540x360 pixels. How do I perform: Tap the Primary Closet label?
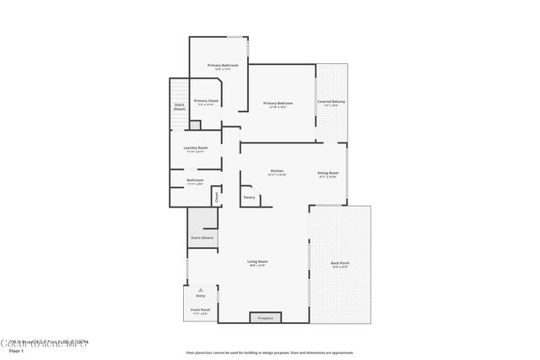[207, 101]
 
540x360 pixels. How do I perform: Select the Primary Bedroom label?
[278, 103]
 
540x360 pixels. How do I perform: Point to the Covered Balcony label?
[331, 102]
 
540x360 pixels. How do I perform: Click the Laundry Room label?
[196, 148]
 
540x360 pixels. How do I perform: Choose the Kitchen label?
[277, 170]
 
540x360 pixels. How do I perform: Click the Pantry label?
[249, 197]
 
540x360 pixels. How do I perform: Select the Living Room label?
[257, 262]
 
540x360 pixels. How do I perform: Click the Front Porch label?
[201, 310]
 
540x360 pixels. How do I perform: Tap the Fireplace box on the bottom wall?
[265, 318]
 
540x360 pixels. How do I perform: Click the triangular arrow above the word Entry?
[201, 289]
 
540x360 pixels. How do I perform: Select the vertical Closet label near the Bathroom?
[216, 197]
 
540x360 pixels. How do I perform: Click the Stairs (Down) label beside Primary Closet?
[180, 107]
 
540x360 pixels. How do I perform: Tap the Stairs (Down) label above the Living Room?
[202, 238]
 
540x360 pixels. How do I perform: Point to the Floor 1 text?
[17, 349]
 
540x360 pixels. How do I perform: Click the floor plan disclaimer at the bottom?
[270, 352]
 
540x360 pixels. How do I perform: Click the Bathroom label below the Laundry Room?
[195, 180]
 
